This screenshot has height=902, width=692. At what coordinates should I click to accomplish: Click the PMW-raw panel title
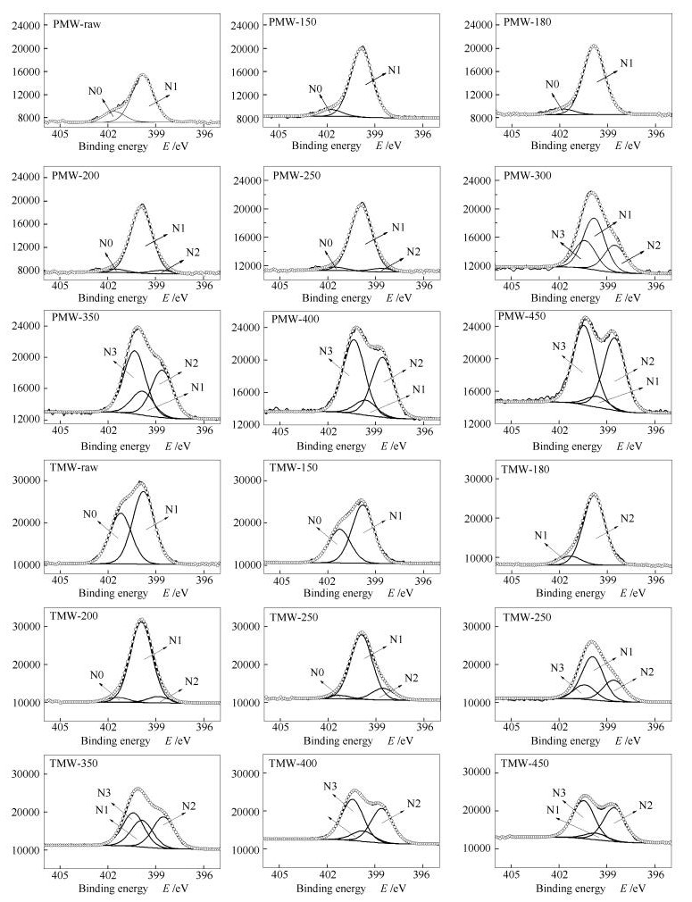(76, 24)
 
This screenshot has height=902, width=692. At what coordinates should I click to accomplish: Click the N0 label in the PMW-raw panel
(95, 90)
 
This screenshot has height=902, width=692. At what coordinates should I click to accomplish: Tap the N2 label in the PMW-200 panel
(193, 252)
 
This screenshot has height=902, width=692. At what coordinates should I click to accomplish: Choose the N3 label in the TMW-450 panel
(560, 793)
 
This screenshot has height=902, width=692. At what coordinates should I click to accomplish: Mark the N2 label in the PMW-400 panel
(417, 363)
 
